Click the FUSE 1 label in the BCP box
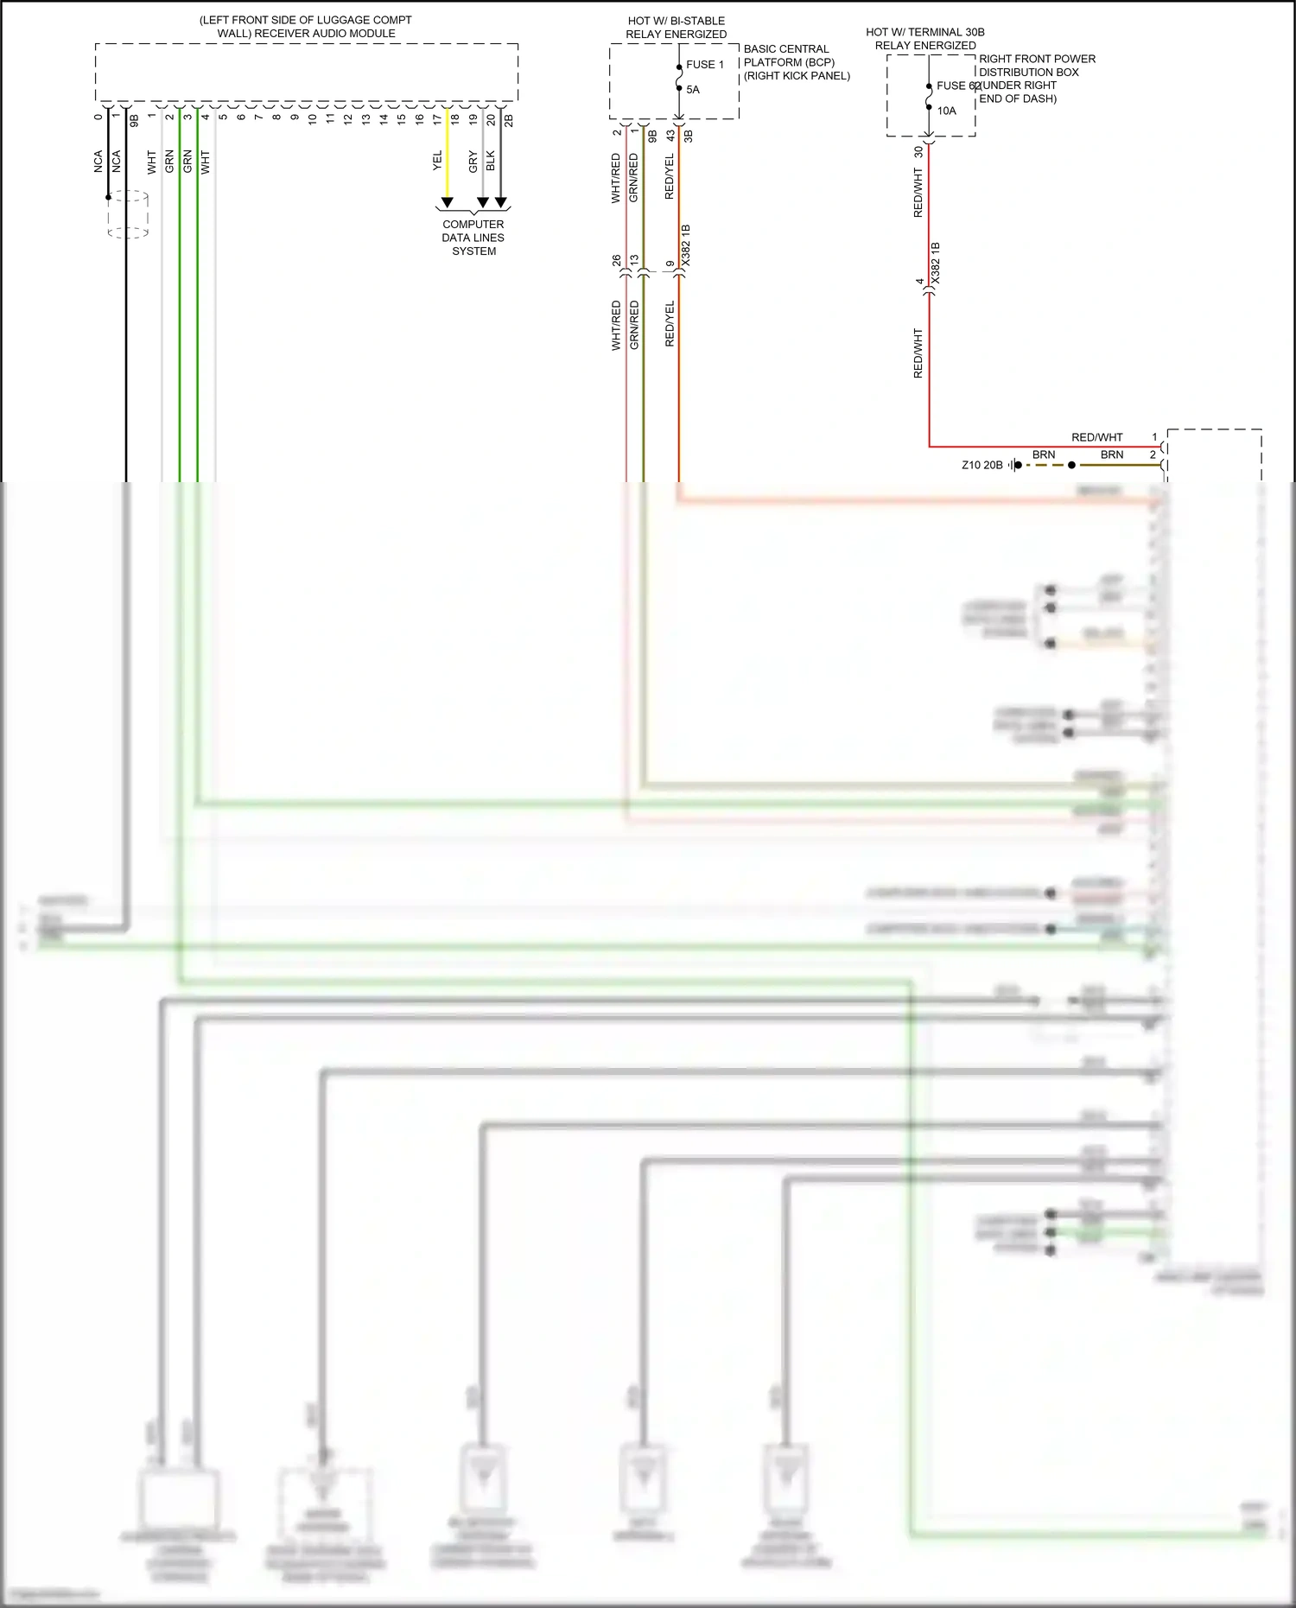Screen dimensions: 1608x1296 click(704, 65)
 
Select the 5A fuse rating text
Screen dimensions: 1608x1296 click(693, 90)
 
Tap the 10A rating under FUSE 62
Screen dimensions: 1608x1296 click(946, 111)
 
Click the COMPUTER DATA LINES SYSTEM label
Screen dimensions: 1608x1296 click(473, 238)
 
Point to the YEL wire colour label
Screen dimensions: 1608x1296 click(437, 161)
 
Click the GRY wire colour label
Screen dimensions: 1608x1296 click(473, 162)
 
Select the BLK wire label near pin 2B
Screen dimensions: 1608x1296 click(491, 161)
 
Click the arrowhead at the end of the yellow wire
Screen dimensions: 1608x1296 click(447, 203)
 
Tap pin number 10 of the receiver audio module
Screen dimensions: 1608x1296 click(312, 118)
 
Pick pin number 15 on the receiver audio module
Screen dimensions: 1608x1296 click(401, 118)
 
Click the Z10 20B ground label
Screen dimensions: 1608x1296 click(982, 465)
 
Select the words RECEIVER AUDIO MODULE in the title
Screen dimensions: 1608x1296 click(325, 34)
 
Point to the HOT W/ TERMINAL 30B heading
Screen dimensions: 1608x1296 click(924, 32)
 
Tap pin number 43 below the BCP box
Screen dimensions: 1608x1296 click(670, 136)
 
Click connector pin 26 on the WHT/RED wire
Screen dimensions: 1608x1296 click(617, 260)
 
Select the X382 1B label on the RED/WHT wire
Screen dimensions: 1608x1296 click(936, 264)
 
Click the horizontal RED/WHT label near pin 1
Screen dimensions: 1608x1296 click(1096, 437)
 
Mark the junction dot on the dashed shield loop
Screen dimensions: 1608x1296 click(108, 197)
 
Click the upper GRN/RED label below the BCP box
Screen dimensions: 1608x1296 click(633, 178)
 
